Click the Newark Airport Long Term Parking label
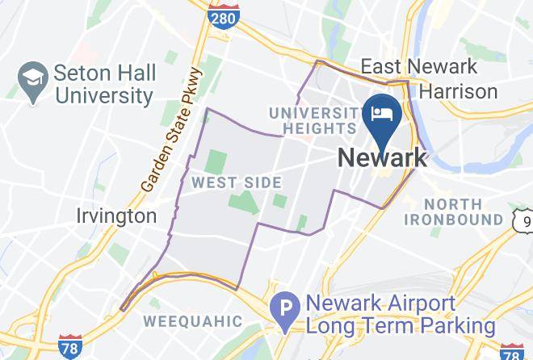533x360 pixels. (x=398, y=316)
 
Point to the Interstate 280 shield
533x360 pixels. (x=222, y=16)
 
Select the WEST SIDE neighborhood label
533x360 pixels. (x=236, y=183)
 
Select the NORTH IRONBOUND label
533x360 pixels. (x=464, y=211)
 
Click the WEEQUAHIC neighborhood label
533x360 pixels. (x=192, y=320)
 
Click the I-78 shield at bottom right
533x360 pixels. (x=511, y=352)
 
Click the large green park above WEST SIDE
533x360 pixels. (x=216, y=161)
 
